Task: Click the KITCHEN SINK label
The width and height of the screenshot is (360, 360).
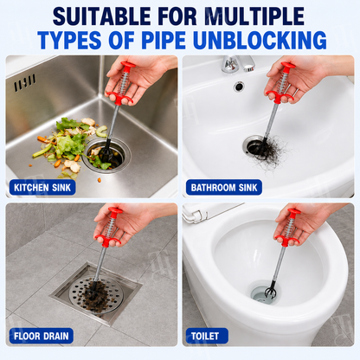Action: [x=42, y=188]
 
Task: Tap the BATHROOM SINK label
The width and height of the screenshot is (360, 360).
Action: [x=224, y=188]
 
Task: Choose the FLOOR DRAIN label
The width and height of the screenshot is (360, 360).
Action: [x=42, y=336]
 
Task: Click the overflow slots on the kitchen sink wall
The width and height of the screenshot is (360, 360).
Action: [x=25, y=82]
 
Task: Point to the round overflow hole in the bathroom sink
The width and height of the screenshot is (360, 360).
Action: [x=239, y=86]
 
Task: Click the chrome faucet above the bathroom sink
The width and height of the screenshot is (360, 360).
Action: [x=237, y=64]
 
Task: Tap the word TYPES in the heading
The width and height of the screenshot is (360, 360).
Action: [x=69, y=40]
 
